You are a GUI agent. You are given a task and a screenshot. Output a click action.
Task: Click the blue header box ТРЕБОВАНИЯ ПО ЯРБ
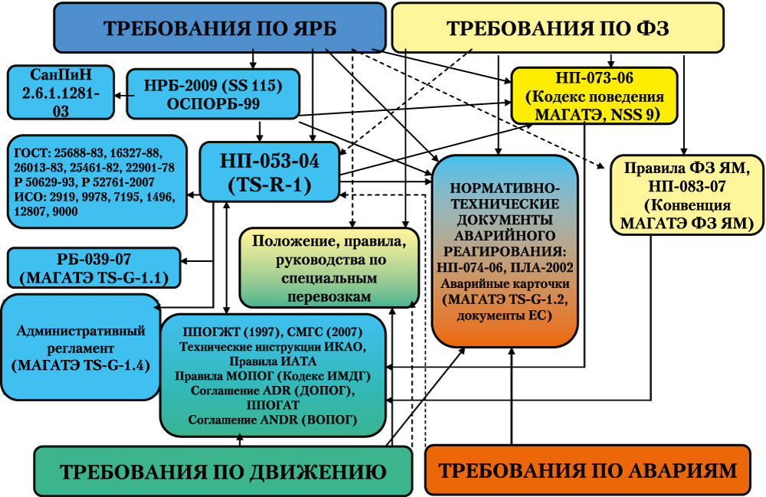pyautogui.click(x=219, y=28)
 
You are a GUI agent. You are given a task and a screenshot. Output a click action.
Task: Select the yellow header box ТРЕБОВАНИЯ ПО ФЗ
pyautogui.click(x=558, y=28)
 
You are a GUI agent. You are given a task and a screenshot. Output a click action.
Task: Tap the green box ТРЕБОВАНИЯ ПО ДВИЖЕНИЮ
pyautogui.click(x=223, y=471)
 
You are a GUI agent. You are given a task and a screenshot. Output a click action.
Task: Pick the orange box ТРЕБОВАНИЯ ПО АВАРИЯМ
pyautogui.click(x=588, y=469)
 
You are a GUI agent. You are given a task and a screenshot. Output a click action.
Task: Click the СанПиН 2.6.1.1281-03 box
pyautogui.click(x=61, y=93)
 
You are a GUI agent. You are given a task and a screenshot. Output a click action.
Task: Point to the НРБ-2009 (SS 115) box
pyautogui.click(x=213, y=93)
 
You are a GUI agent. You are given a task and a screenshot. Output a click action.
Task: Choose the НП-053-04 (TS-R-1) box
pyautogui.click(x=270, y=172)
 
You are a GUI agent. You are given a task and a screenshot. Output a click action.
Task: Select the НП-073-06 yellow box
pyautogui.click(x=594, y=96)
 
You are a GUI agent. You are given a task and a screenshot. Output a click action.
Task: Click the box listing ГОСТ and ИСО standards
pyautogui.click(x=97, y=181)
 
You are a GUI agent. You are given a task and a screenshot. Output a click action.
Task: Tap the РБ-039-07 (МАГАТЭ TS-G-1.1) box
pyautogui.click(x=93, y=268)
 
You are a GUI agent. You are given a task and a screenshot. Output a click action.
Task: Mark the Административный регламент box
pyautogui.click(x=80, y=347)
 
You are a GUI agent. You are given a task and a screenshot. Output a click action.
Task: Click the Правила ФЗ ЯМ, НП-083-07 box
pyautogui.click(x=687, y=195)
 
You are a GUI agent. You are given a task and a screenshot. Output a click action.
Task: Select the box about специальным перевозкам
pyautogui.click(x=329, y=267)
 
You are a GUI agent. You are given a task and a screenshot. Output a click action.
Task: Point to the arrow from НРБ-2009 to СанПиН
pyautogui.click(x=124, y=96)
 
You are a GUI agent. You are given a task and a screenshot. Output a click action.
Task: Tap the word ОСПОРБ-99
pyautogui.click(x=213, y=104)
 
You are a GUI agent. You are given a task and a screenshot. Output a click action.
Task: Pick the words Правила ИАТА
pyautogui.click(x=273, y=361)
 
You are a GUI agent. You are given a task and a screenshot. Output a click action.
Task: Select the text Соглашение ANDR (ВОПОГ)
pyautogui.click(x=273, y=420)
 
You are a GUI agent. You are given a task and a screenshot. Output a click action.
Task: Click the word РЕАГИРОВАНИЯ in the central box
pyautogui.click(x=505, y=251)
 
